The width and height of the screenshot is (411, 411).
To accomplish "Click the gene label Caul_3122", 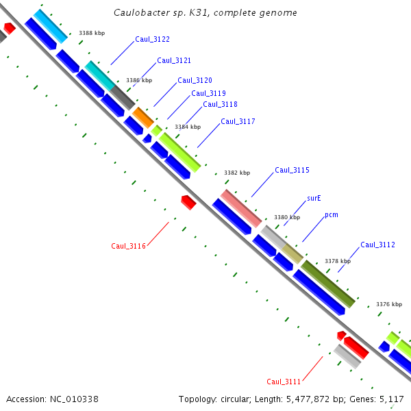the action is coord(152,40).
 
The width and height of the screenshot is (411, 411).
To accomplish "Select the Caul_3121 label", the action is coord(174,60).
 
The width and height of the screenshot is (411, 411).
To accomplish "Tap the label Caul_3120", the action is coord(195,80).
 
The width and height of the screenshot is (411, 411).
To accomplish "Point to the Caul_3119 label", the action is coord(208,93).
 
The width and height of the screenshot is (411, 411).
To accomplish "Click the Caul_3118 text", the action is coord(220,104).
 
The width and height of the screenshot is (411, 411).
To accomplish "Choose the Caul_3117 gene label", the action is coord(238,121).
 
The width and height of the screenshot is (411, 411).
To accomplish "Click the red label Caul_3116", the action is coord(128,246).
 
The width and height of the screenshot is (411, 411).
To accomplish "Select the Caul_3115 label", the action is coord(292,170).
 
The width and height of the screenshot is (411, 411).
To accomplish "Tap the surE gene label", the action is coord(314,198).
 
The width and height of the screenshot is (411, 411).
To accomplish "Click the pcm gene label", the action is coord(332,214).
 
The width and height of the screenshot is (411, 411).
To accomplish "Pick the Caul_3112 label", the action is coord(377,245).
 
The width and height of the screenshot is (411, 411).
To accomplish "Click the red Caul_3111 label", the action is coord(284,382).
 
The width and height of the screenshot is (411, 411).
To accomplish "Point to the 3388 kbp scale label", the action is coord(92,33).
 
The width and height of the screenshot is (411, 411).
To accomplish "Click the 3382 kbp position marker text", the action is coord(237,173).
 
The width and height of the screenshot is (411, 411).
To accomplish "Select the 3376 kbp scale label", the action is coord(389,304).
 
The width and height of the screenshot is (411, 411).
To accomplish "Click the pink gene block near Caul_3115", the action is coord(241,208).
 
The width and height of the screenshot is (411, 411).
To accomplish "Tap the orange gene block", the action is coord(143,117).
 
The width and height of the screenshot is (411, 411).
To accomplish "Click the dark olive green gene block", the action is coord(329,284).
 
